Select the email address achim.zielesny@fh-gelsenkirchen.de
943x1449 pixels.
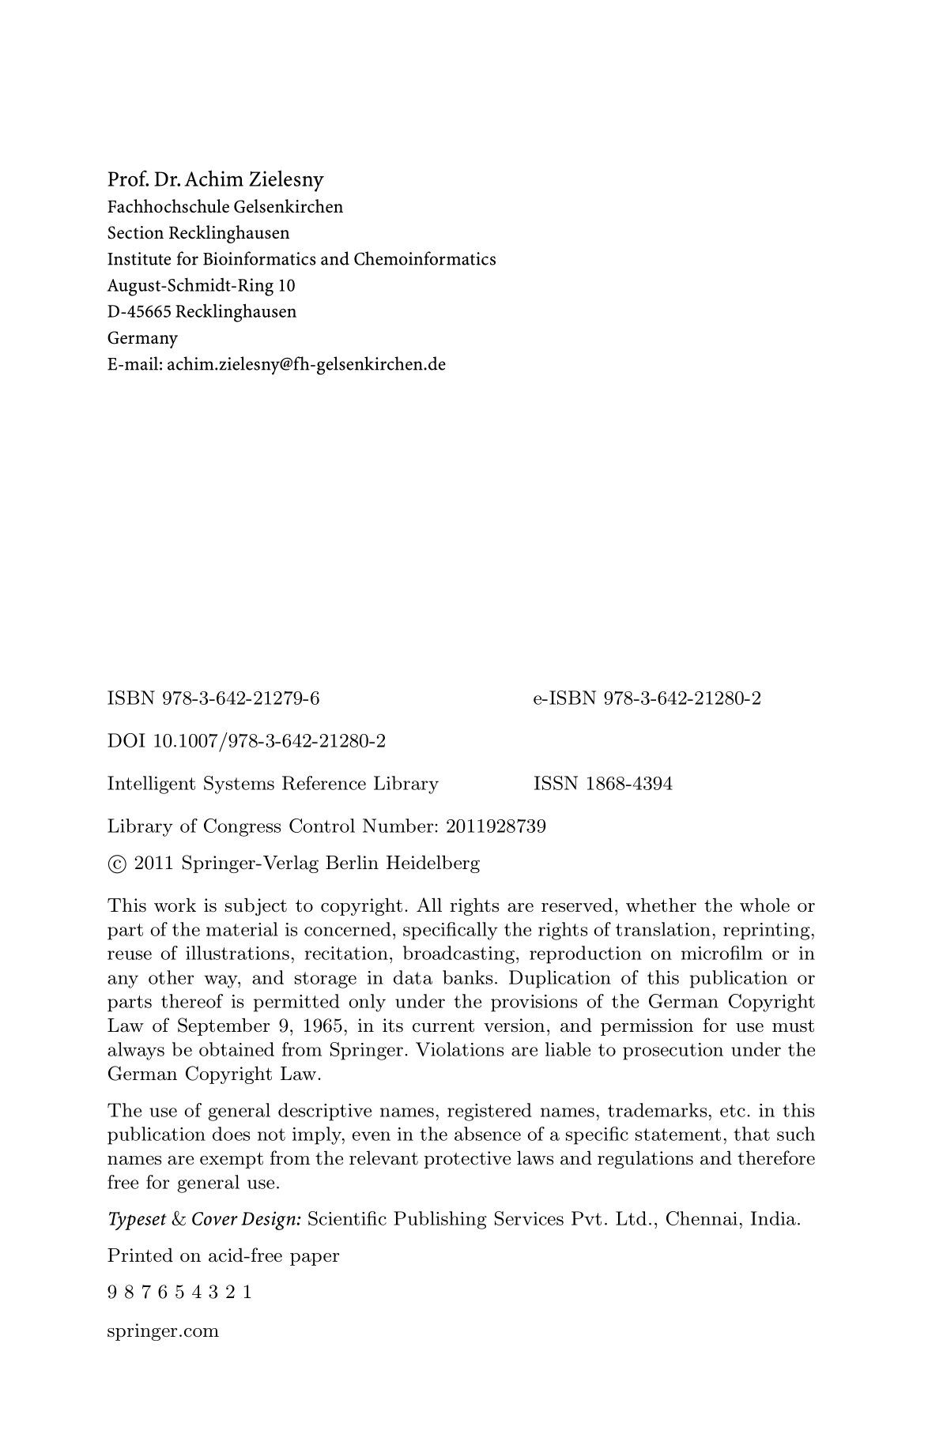(307, 364)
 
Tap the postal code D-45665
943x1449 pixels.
(139, 311)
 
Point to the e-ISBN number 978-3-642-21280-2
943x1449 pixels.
(681, 698)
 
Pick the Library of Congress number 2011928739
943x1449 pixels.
(496, 826)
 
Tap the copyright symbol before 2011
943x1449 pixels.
(117, 864)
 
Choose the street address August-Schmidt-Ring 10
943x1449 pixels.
(201, 285)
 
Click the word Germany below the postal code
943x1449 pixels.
(142, 338)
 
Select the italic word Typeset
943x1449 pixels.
(136, 1219)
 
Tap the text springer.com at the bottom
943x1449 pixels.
(163, 1331)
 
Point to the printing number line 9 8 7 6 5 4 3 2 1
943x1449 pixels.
(179, 1294)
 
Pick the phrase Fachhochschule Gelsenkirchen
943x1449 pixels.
(225, 207)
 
